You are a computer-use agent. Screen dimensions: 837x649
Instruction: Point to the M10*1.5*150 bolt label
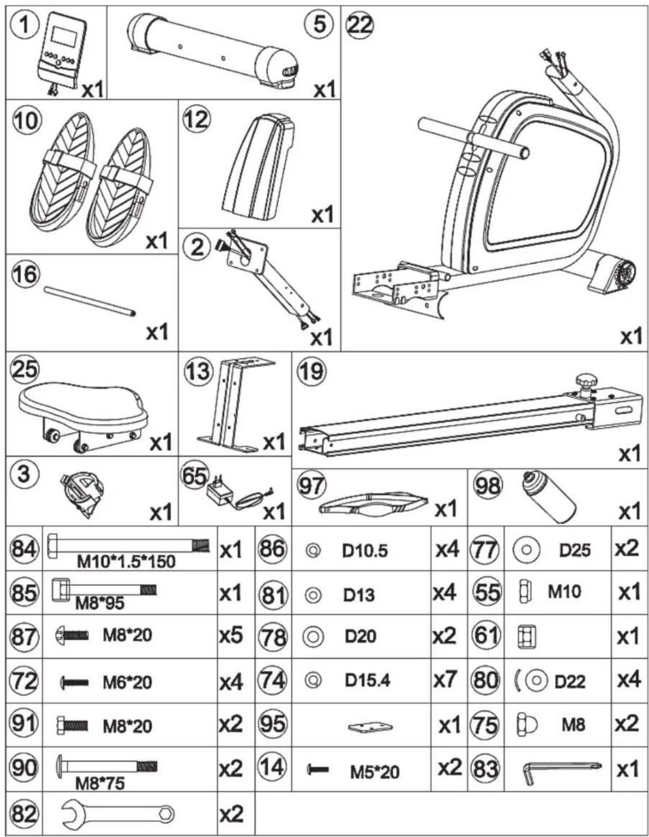[126, 562]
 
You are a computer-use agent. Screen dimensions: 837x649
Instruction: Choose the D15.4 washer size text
[367, 681]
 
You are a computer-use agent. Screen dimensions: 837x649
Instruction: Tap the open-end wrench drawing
[118, 813]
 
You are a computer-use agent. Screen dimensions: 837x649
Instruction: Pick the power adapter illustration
[239, 495]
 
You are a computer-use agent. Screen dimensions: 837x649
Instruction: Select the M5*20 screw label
[375, 772]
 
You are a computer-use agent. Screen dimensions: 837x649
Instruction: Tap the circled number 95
[273, 724]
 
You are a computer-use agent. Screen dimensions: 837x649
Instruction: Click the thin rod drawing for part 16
[89, 302]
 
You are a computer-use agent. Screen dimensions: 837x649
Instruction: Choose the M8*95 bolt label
[99, 603]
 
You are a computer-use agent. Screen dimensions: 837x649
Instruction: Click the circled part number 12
[196, 118]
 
